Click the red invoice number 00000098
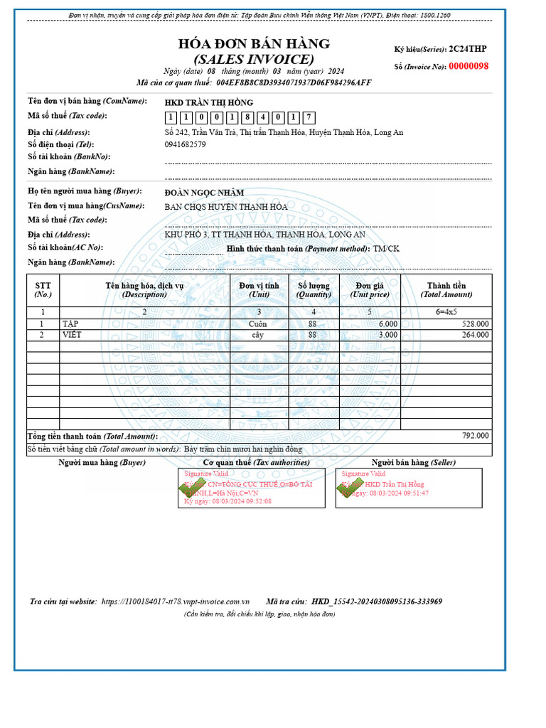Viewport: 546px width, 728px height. tap(468, 66)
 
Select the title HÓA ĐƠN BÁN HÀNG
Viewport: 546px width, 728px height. tap(254, 44)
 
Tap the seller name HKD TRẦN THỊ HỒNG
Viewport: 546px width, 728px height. tap(208, 102)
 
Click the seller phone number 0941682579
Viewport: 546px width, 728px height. tap(185, 144)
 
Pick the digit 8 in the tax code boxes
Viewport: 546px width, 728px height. tap(247, 117)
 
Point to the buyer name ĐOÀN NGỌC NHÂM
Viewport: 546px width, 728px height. tap(204, 193)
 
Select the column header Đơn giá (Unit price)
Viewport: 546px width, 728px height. tap(369, 290)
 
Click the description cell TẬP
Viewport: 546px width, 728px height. tap(70, 323)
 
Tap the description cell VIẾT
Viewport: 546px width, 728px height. tap(72, 335)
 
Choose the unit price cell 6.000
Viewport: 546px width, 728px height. tap(388, 323)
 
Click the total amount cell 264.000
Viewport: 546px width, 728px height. tap(475, 335)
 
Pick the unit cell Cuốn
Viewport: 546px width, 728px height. tap(257, 323)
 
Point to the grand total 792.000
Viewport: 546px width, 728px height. tap(475, 436)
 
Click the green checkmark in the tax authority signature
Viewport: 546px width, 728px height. tap(190, 488)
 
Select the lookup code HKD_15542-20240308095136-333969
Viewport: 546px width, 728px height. tap(376, 601)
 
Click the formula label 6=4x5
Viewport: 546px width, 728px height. tap(446, 312)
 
